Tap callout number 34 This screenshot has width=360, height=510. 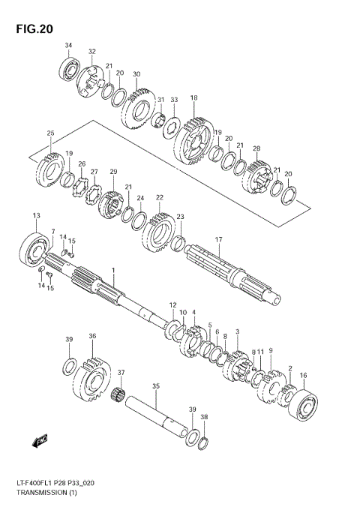click(x=68, y=46)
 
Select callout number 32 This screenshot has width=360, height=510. click(x=92, y=52)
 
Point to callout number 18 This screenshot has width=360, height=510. click(x=193, y=98)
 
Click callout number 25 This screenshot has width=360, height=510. click(x=50, y=133)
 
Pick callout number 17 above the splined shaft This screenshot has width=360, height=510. click(x=219, y=240)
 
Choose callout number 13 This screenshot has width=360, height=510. click(x=35, y=216)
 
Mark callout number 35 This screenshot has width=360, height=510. click(x=155, y=387)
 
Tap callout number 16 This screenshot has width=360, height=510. click(x=303, y=375)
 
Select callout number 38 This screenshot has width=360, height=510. click(x=204, y=417)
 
